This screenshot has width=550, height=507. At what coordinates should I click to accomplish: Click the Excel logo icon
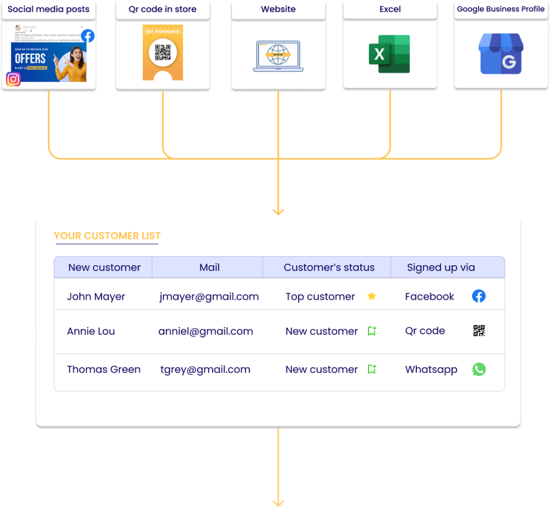pyautogui.click(x=389, y=54)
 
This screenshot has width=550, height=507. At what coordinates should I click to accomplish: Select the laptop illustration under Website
pyautogui.click(x=278, y=55)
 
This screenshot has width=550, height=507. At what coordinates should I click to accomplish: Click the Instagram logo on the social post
pyautogui.click(x=13, y=79)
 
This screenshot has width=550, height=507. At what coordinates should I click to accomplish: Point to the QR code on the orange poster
pyautogui.click(x=163, y=53)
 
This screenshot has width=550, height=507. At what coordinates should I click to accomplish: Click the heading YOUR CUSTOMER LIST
pyautogui.click(x=107, y=236)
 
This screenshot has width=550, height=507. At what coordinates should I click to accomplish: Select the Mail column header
pyautogui.click(x=209, y=267)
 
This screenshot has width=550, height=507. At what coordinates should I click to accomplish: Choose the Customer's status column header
pyautogui.click(x=329, y=267)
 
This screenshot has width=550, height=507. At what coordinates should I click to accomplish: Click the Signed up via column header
pyautogui.click(x=441, y=267)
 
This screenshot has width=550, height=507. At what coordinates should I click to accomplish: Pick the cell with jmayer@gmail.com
pyautogui.click(x=209, y=296)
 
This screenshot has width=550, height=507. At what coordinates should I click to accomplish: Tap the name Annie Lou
pyautogui.click(x=91, y=331)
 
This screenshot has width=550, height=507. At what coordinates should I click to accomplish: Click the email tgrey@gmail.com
pyautogui.click(x=205, y=370)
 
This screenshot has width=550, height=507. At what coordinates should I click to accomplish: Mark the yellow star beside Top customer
pyautogui.click(x=372, y=296)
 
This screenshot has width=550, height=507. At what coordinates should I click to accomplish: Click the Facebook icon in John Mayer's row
pyautogui.click(x=479, y=296)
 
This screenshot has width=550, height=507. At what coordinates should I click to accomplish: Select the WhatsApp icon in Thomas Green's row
pyautogui.click(x=479, y=370)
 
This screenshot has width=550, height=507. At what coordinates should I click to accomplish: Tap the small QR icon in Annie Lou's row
pyautogui.click(x=479, y=331)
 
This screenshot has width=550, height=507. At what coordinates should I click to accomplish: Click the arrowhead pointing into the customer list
pyautogui.click(x=278, y=212)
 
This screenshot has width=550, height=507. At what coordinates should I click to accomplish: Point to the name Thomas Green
pyautogui.click(x=104, y=370)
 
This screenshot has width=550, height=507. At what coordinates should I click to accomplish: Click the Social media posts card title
pyautogui.click(x=48, y=9)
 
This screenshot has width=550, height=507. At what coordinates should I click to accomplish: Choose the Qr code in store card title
pyautogui.click(x=162, y=9)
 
